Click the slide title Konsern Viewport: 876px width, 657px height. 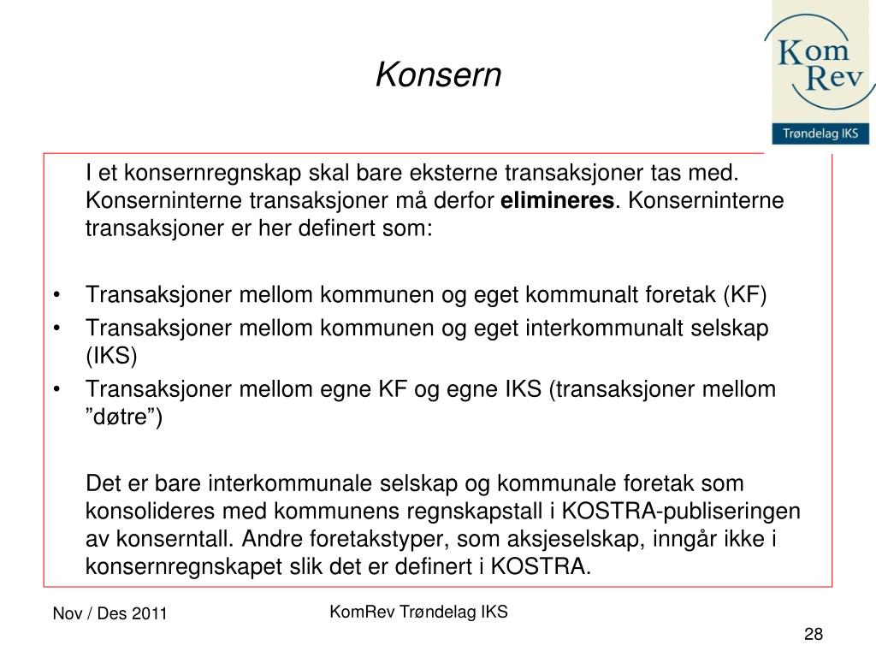click(438, 75)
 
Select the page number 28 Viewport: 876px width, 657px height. click(813, 634)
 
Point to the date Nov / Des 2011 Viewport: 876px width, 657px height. click(110, 614)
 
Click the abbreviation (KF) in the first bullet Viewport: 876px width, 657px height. click(746, 296)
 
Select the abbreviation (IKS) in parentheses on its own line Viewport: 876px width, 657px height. click(111, 355)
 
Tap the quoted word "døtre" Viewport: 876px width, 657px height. click(123, 417)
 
